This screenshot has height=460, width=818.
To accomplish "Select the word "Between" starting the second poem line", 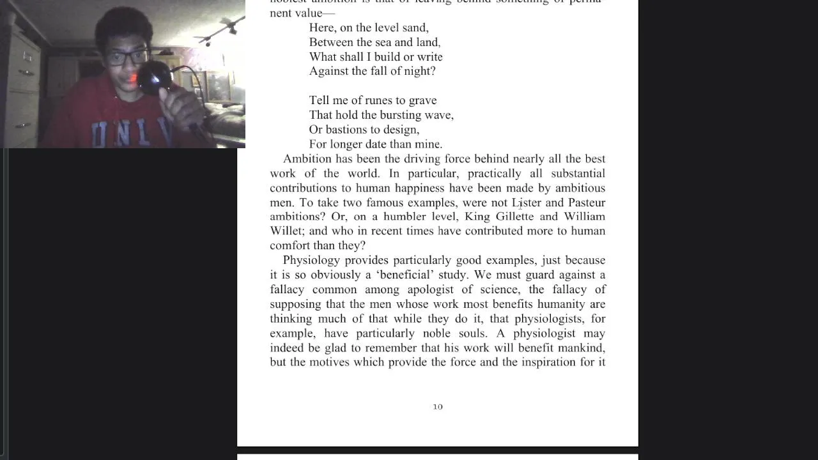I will coord(331,42).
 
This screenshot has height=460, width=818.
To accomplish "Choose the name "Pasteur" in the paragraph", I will coord(587,203).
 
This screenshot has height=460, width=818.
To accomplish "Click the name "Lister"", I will coord(527,203).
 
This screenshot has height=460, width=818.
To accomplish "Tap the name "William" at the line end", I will coord(585,217).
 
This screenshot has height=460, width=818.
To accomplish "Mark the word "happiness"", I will coord(419,188).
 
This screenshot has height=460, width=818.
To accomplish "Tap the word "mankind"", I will coord(581,348).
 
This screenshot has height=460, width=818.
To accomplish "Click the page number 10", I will coord(438,406).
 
